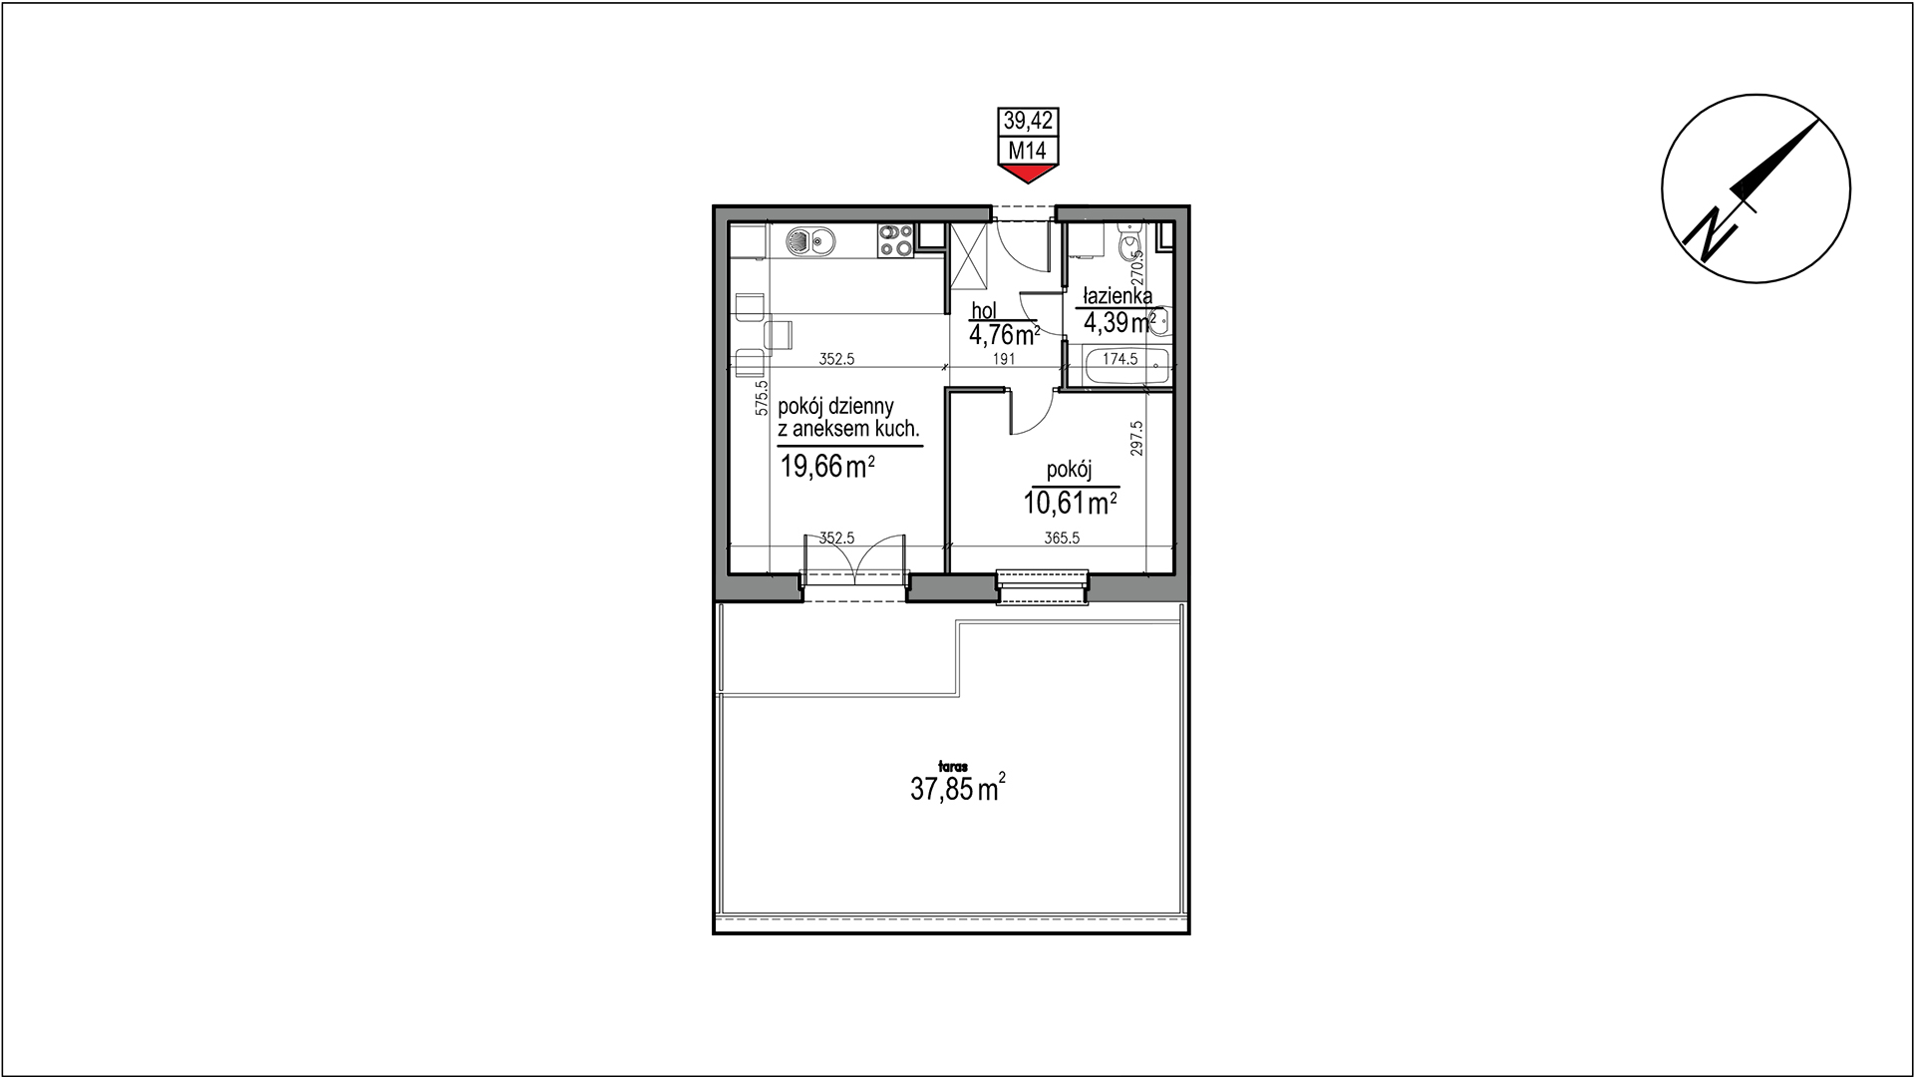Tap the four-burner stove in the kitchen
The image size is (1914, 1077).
click(197, 240)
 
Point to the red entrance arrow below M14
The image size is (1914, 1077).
click(1028, 175)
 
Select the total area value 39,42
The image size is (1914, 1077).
click(1028, 122)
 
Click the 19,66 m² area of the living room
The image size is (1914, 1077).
click(827, 466)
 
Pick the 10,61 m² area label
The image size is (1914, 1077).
click(1070, 503)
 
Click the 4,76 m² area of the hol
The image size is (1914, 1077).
click(1005, 333)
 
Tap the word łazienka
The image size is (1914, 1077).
click(1118, 296)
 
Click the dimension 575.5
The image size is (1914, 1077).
click(762, 396)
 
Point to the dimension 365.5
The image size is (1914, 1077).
click(1063, 538)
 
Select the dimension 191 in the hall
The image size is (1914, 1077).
click(1004, 359)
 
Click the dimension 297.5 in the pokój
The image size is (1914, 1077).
click(1137, 438)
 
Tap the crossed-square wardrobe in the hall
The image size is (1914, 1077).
click(967, 255)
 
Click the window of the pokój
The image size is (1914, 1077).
click(1042, 586)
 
